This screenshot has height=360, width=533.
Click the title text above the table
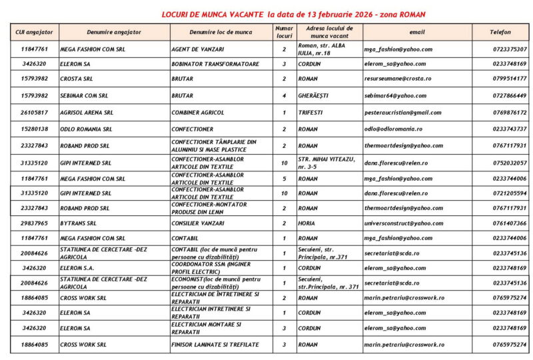tap(294, 14)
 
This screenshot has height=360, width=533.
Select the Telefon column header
tap(500, 32)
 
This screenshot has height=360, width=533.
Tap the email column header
tap(416, 32)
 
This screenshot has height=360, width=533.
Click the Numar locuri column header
tap(284, 32)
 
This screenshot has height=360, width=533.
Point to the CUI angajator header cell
tap(35, 32)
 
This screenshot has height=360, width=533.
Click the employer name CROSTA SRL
tap(77, 79)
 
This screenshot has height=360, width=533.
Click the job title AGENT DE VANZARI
tap(198, 49)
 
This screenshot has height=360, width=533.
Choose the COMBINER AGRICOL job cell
tap(200, 113)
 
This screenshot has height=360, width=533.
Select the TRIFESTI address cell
tap(311, 113)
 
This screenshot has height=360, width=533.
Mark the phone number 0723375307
tap(510, 49)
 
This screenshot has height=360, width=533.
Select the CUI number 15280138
tap(35, 129)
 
